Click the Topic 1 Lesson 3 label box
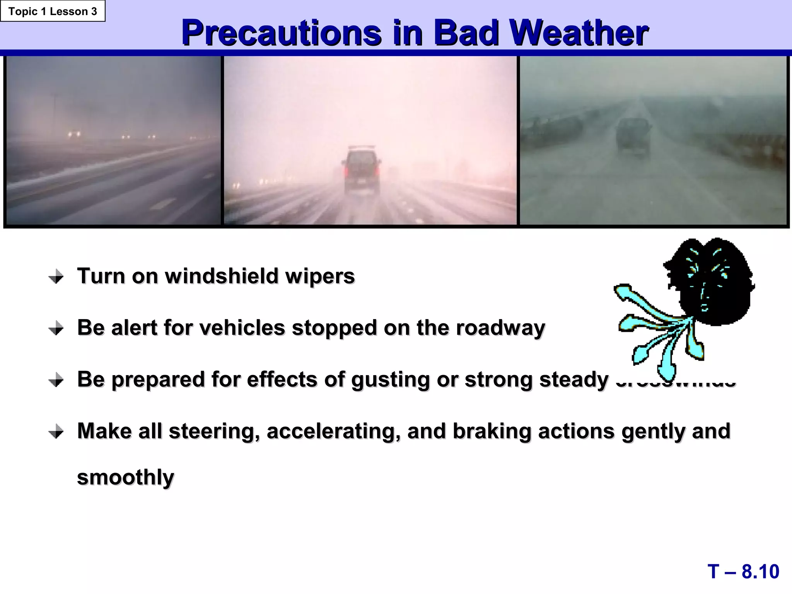click(53, 11)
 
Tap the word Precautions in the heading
click(282, 33)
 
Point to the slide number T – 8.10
click(743, 572)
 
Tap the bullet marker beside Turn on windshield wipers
click(56, 277)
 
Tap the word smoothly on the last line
click(126, 478)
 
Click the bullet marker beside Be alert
click(56, 329)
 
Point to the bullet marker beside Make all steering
click(56, 432)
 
